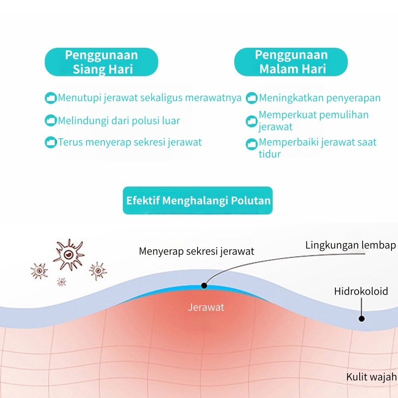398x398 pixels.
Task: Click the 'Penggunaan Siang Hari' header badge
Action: click(101, 62)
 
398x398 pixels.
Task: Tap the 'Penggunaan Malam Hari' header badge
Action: click(291, 62)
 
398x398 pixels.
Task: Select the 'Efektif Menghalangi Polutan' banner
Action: click(198, 200)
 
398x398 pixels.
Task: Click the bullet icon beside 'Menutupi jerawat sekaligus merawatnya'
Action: click(51, 98)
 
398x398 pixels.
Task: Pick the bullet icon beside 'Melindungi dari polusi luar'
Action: click(51, 120)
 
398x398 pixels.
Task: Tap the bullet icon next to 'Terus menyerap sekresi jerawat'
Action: click(51, 142)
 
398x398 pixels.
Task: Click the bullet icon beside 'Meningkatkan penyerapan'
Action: click(252, 98)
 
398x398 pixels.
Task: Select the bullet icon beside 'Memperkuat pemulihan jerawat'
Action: click(252, 121)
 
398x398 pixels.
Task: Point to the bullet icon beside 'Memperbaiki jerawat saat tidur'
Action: click(252, 144)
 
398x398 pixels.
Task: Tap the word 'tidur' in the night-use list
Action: click(270, 154)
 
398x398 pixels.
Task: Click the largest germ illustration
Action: click(69, 254)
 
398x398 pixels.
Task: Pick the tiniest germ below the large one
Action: click(61, 282)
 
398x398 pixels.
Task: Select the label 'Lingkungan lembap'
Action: click(351, 245)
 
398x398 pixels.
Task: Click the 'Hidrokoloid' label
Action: click(361, 291)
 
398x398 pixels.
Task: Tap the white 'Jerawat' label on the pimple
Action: click(206, 307)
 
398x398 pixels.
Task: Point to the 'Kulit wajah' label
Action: click(371, 377)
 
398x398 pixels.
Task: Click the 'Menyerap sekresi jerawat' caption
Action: click(197, 251)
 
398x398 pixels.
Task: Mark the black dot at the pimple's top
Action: click(204, 286)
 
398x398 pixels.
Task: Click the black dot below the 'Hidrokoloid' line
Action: click(362, 318)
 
